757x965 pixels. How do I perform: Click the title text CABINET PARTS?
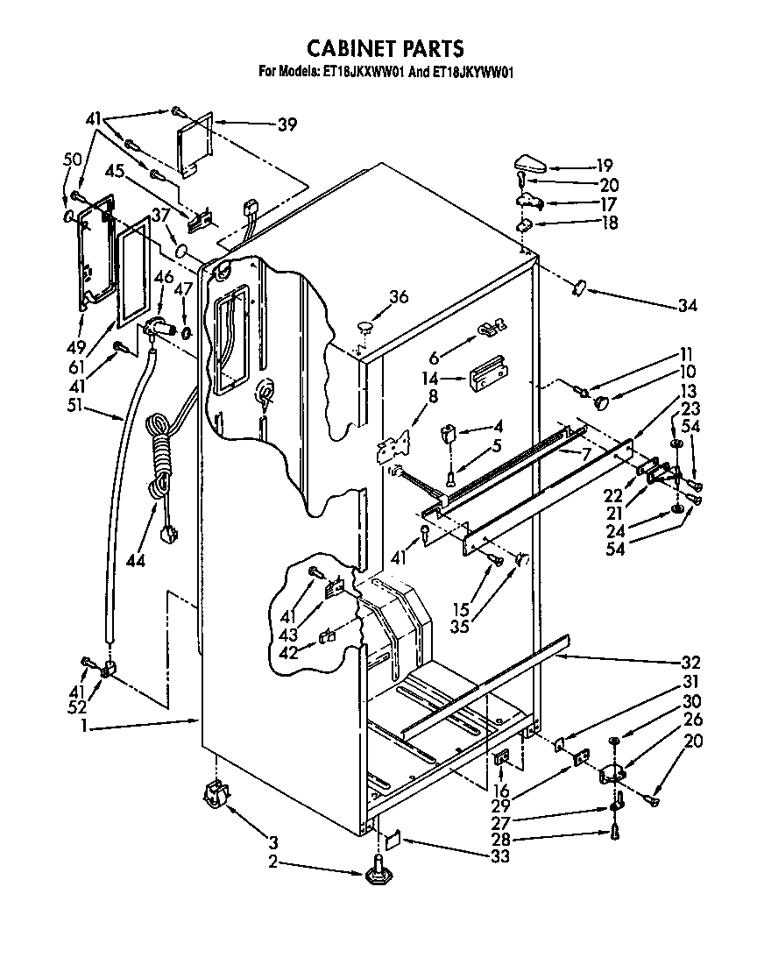(384, 47)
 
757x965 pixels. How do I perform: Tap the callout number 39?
(287, 124)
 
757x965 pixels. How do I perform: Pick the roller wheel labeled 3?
(215, 796)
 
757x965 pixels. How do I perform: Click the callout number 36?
(399, 296)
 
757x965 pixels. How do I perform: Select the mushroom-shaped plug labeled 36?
(365, 327)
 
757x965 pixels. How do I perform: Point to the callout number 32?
(692, 662)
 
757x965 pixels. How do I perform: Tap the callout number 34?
(687, 306)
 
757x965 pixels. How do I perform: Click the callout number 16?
(501, 791)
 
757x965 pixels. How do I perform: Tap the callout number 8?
(408, 395)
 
